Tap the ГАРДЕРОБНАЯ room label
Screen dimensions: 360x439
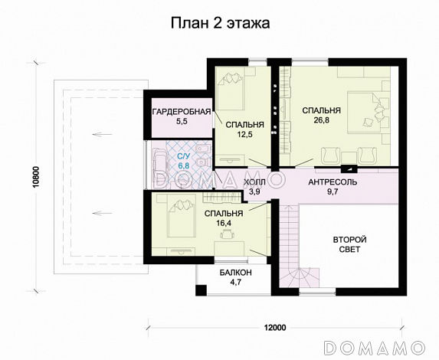181,113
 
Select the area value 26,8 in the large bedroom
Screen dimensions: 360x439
321,120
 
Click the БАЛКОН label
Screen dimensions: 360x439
234,273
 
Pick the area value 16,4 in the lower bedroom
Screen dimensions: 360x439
224,224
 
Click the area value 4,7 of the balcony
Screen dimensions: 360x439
234,283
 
